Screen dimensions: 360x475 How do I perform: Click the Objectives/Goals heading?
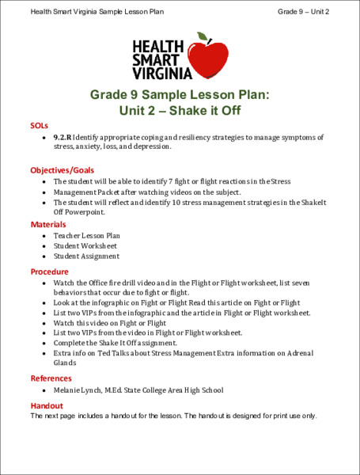click(x=63, y=170)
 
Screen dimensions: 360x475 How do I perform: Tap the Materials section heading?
click(x=48, y=225)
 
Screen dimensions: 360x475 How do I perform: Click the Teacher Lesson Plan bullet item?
click(x=86, y=236)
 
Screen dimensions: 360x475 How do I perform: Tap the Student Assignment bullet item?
click(x=86, y=256)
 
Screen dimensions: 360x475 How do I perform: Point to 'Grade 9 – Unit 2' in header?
click(x=304, y=12)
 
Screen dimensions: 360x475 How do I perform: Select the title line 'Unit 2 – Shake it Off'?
click(x=180, y=110)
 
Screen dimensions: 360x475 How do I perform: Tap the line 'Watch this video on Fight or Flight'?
click(x=110, y=323)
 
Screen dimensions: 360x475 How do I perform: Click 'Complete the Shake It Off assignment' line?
click(x=119, y=344)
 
